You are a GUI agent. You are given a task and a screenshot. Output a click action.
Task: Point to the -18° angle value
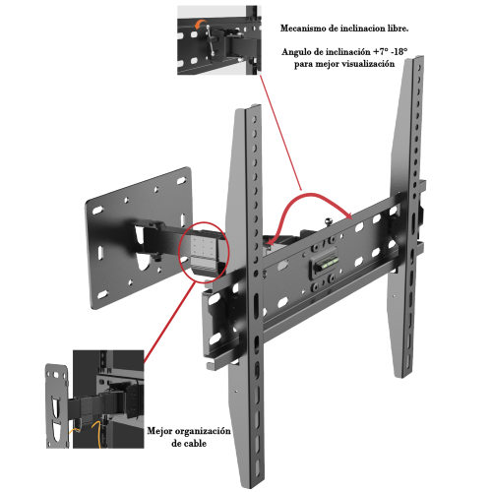[x=400, y=52]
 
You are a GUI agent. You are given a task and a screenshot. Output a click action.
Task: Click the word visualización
[x=368, y=64]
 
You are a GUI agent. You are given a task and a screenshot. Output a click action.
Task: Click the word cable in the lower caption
[x=195, y=444]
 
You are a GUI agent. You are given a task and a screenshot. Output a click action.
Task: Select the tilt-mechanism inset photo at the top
[x=219, y=40]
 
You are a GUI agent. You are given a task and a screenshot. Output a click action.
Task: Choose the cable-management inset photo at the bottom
[x=95, y=400]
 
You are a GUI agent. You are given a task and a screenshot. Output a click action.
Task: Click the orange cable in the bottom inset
[x=95, y=430]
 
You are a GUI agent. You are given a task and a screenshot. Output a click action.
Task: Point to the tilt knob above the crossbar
[x=329, y=222]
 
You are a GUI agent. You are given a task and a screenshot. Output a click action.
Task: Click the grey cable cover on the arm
[x=203, y=252]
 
